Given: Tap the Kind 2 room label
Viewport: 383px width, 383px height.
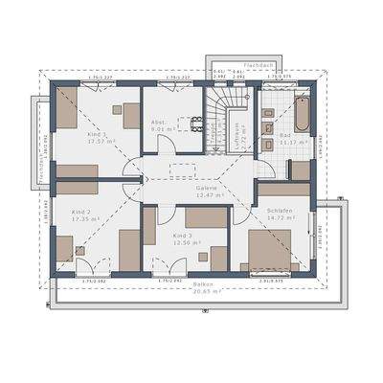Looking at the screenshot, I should coord(82,211).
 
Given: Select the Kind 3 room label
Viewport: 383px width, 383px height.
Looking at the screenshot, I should coord(183,235).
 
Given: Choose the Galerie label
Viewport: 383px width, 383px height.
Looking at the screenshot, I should coord(208,188).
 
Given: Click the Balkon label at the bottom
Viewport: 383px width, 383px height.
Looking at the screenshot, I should coord(203,284).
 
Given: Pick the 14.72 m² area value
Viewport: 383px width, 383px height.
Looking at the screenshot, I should coord(281,217).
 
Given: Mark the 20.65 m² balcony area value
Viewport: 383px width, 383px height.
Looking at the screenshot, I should coord(203,291).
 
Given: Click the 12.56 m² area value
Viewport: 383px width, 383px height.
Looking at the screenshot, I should coord(187,242).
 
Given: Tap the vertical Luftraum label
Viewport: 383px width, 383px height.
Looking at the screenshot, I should coord(237,134).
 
